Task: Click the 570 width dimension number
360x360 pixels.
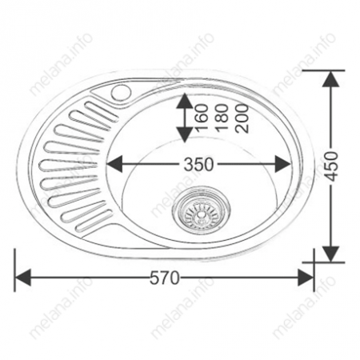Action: [165, 278]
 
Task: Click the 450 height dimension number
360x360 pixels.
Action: [332, 166]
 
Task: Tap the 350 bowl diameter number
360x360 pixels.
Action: [199, 164]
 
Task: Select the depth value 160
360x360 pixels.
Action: [202, 118]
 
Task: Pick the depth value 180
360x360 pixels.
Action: [222, 118]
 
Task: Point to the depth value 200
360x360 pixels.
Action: [242, 118]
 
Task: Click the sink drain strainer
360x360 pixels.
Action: [202, 210]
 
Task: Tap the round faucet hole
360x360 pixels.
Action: [122, 92]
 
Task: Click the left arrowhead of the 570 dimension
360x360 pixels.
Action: [23, 278]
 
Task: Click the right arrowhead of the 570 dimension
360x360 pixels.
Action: [306, 278]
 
